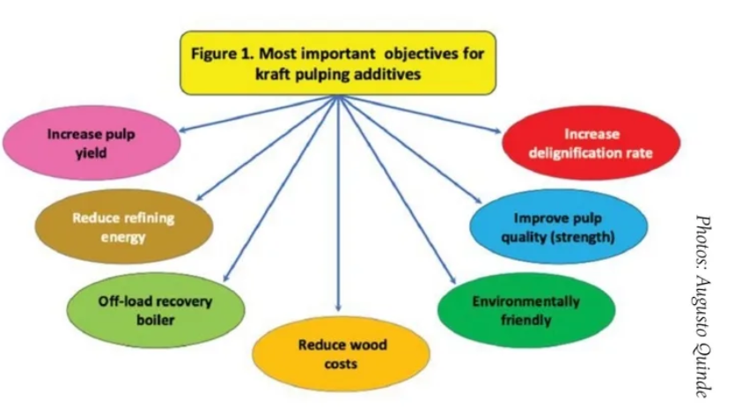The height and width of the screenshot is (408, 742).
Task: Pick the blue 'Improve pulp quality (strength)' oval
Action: coord(558,227)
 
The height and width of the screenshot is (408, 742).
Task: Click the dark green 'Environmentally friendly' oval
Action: coord(525,308)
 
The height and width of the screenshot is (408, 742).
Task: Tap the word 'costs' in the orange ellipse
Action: coord(341,362)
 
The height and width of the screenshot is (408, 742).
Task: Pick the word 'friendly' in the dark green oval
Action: coord(525,318)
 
